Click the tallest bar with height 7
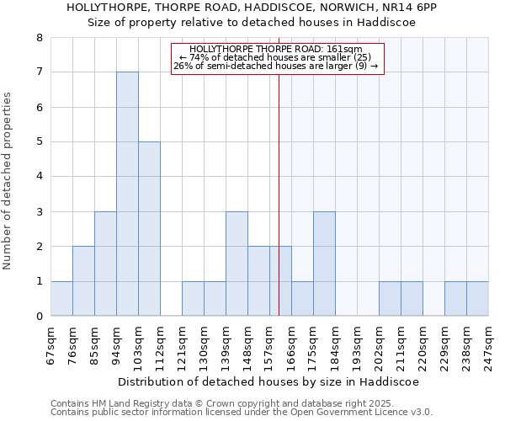(x=127, y=194)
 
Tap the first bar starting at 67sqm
(x=61, y=298)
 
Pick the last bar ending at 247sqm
(x=477, y=298)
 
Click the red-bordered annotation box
(x=277, y=59)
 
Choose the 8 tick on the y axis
(x=39, y=38)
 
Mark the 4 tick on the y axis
(x=39, y=177)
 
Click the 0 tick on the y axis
(x=39, y=317)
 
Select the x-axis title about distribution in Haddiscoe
(x=268, y=381)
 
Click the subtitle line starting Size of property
(x=252, y=23)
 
